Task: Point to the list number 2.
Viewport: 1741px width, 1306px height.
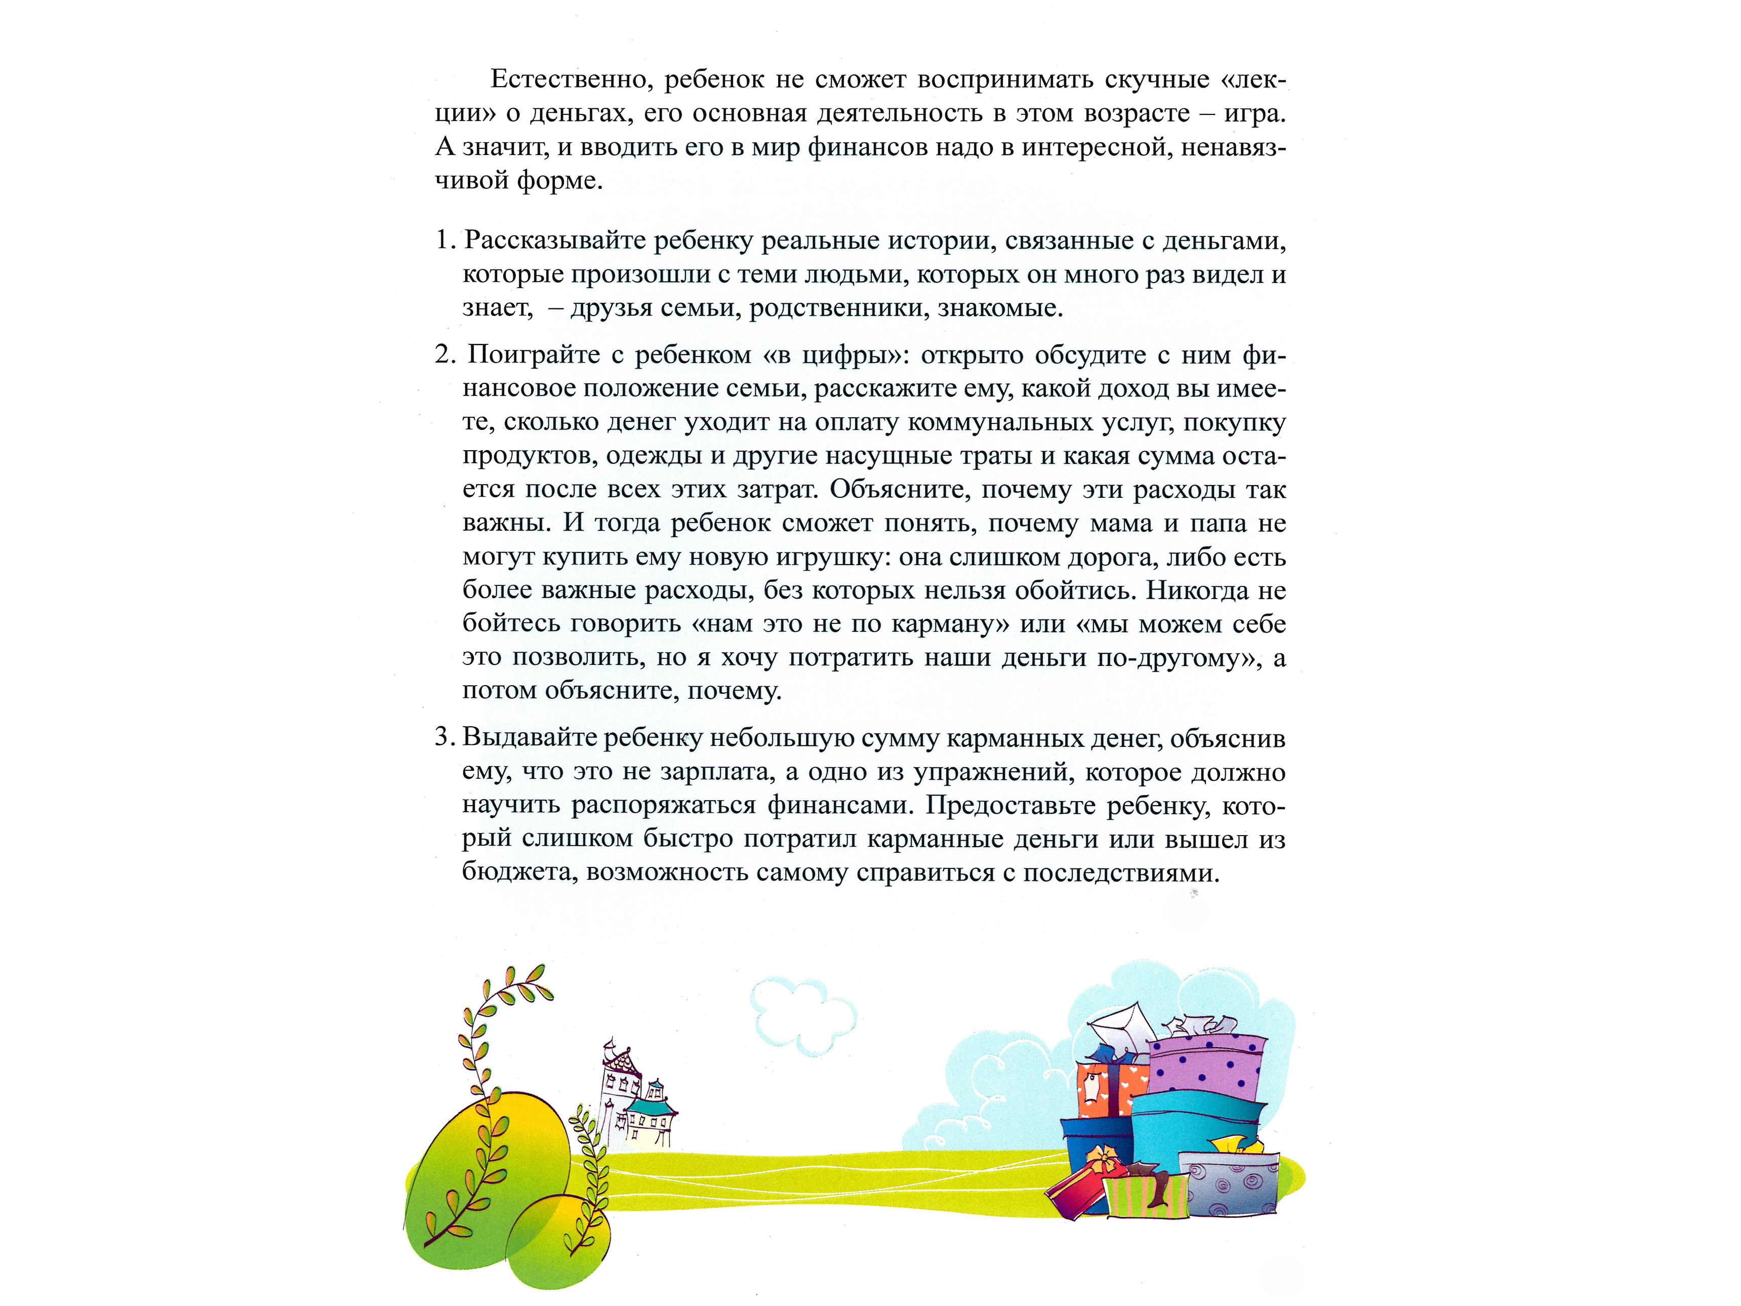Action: click(444, 355)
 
